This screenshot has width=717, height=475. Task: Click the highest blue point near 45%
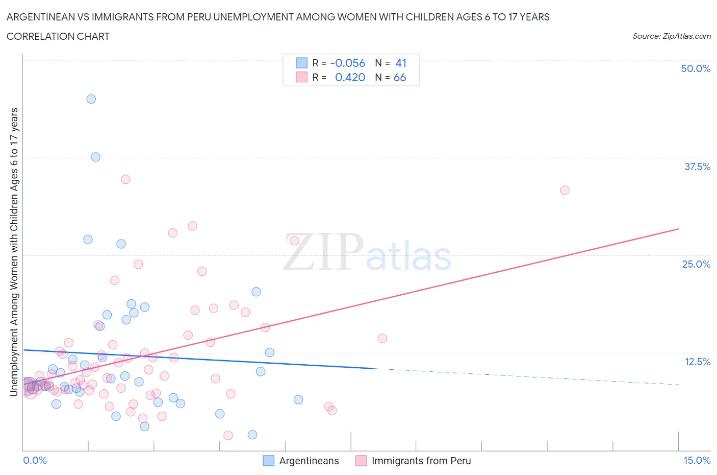(91, 99)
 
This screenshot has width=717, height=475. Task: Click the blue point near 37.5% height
(95, 157)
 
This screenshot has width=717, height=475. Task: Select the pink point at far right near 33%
(565, 190)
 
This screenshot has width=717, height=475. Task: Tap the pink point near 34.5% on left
(125, 179)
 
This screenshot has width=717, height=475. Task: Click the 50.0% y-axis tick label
(695, 68)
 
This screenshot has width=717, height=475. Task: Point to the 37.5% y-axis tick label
(697, 167)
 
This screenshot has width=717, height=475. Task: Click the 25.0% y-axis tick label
(696, 264)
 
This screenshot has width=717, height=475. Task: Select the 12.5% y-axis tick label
(697, 362)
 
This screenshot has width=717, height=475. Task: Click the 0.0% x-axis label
(35, 460)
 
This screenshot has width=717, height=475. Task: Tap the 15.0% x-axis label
(697, 460)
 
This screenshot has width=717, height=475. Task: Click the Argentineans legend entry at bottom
(309, 461)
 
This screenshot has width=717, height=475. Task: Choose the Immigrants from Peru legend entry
(421, 461)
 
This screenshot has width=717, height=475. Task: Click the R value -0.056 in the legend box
(347, 63)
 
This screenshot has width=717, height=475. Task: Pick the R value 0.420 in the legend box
(350, 77)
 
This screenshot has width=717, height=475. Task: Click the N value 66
(400, 77)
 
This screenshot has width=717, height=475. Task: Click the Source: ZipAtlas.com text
(671, 36)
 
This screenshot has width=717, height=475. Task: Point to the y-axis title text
(14, 252)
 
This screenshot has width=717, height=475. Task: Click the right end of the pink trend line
(678, 229)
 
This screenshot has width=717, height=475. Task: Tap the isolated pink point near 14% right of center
(382, 338)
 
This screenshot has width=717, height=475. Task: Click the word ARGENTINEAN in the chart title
(43, 17)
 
